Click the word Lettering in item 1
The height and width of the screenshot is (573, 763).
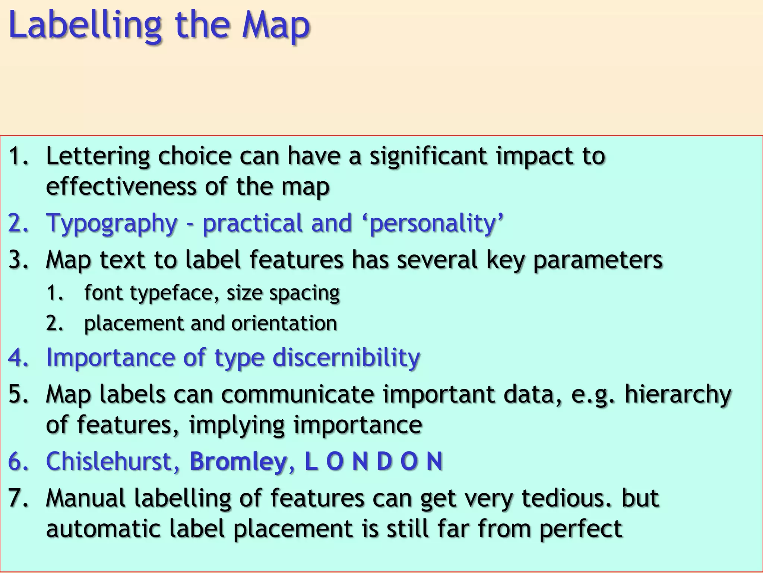coord(98,156)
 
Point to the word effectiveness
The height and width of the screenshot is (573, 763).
coord(121,187)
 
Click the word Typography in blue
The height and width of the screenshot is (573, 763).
coord(111,223)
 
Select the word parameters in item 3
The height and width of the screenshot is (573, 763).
coord(598,260)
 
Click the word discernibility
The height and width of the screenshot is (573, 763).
coord(346,357)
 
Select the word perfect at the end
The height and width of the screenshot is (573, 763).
coord(581,529)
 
